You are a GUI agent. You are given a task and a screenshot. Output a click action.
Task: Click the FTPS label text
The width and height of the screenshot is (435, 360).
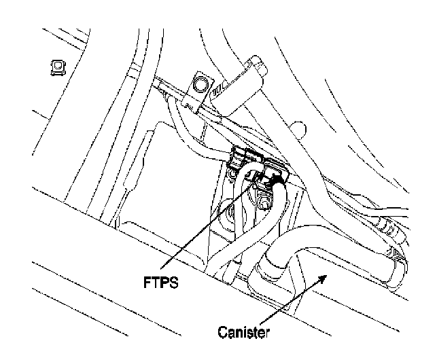161,281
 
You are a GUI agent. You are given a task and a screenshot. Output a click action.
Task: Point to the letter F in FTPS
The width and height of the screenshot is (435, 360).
147,281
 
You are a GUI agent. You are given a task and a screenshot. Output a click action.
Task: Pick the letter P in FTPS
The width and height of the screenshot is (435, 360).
165,281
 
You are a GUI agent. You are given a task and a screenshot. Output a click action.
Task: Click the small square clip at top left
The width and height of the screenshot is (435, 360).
56,67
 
